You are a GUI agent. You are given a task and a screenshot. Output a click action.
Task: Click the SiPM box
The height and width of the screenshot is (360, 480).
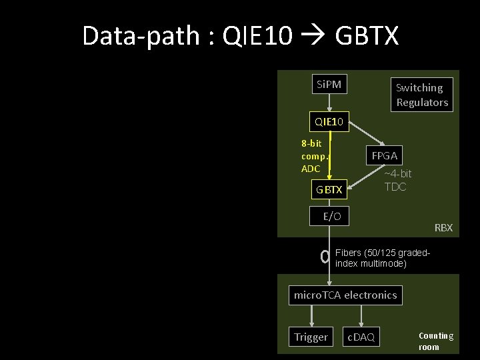pyautogui.click(x=329, y=85)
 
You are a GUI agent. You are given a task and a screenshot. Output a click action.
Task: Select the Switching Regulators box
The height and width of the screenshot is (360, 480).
pyautogui.click(x=421, y=95)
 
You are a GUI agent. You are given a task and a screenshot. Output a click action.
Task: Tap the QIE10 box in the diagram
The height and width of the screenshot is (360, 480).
pyautogui.click(x=329, y=121)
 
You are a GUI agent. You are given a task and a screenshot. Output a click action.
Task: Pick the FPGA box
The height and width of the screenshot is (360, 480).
pyautogui.click(x=385, y=155)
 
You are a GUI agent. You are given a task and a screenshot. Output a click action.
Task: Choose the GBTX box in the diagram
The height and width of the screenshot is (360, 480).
pyautogui.click(x=329, y=189)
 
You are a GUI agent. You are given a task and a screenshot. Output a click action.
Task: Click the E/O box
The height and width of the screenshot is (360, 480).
pyautogui.click(x=331, y=216)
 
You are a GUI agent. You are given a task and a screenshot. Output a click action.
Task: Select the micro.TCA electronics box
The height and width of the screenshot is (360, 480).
pyautogui.click(x=345, y=295)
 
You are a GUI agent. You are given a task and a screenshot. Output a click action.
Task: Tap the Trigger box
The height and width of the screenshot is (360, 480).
pyautogui.click(x=311, y=337)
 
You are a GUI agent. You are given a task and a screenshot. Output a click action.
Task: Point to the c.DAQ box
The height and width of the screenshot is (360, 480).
pyautogui.click(x=361, y=337)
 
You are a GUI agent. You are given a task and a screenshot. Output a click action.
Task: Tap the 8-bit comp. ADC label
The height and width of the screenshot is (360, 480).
pyautogui.click(x=314, y=155)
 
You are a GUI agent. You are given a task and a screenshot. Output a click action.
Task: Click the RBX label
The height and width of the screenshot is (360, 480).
pyautogui.click(x=443, y=228)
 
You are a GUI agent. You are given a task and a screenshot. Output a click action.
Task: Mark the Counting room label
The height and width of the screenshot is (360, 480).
pyautogui.click(x=435, y=341)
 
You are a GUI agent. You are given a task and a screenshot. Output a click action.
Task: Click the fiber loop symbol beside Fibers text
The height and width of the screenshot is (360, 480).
pyautogui.click(x=325, y=257)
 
